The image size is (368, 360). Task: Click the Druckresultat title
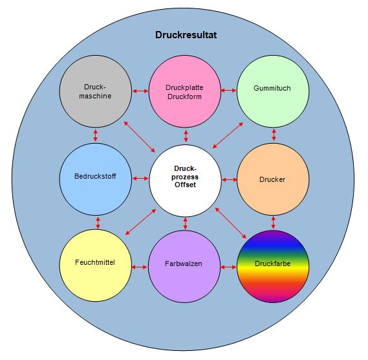[186, 35]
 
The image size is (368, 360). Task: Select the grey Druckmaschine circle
[95, 91]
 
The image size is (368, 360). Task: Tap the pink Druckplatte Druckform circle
[185, 91]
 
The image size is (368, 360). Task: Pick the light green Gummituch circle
[273, 91]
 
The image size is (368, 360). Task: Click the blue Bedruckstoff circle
[95, 179]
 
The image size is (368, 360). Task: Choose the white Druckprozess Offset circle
[185, 181]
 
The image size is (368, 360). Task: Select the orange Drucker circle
[273, 179]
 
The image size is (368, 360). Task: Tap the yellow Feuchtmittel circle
[95, 265]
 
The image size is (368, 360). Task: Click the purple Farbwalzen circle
[184, 267]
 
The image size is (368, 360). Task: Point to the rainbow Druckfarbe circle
[273, 267]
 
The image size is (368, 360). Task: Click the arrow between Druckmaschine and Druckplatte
[140, 91]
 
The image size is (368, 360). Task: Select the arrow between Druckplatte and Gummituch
[228, 90]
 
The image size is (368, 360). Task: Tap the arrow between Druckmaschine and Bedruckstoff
[95, 135]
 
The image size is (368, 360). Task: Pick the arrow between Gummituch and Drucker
[274, 135]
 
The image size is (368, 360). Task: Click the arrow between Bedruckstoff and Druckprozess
[140, 179]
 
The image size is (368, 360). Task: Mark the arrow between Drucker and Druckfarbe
[273, 223]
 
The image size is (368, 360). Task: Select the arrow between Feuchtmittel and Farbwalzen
[140, 267]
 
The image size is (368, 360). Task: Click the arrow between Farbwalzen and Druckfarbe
[228, 267]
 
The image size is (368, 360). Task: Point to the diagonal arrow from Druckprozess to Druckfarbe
[231, 223]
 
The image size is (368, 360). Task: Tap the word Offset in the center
[185, 185]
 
